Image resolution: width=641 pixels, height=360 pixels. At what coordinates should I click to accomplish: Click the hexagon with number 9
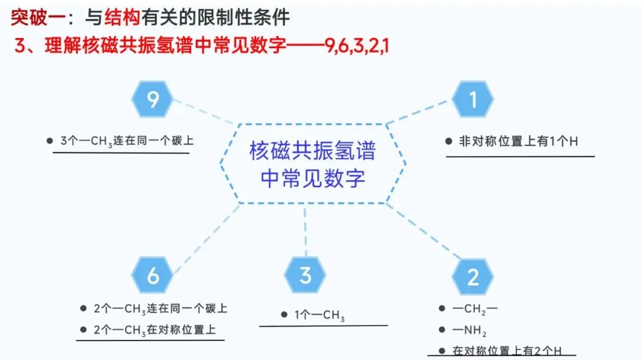point(152,99)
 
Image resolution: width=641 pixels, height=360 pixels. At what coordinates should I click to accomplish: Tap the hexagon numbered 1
point(472,99)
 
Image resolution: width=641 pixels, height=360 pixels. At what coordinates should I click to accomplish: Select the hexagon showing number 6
point(152,275)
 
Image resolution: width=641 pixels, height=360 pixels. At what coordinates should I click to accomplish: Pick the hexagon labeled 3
point(305,275)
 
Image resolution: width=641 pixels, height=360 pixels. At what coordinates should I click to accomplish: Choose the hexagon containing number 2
point(472,276)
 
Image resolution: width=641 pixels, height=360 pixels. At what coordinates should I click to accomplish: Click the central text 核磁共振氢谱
point(313,151)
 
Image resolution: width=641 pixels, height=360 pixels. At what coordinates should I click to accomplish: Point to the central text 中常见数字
point(313,178)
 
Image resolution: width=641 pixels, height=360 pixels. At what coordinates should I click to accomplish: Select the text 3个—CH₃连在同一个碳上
point(127,141)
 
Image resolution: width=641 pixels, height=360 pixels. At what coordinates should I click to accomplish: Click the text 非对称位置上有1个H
point(518,141)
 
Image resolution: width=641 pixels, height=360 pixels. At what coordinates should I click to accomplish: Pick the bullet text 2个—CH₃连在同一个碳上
point(160,308)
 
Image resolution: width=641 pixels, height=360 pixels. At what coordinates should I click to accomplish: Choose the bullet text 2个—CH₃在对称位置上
point(154,330)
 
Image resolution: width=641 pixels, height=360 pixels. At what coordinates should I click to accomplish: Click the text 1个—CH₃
point(319,315)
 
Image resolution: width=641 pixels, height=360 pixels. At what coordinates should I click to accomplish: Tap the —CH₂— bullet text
point(475,309)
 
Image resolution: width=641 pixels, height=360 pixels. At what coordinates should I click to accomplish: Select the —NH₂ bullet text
point(469,330)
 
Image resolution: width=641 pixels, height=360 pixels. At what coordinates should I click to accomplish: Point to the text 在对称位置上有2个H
point(507,351)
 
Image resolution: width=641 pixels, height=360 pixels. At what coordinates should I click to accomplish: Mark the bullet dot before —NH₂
point(442,330)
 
